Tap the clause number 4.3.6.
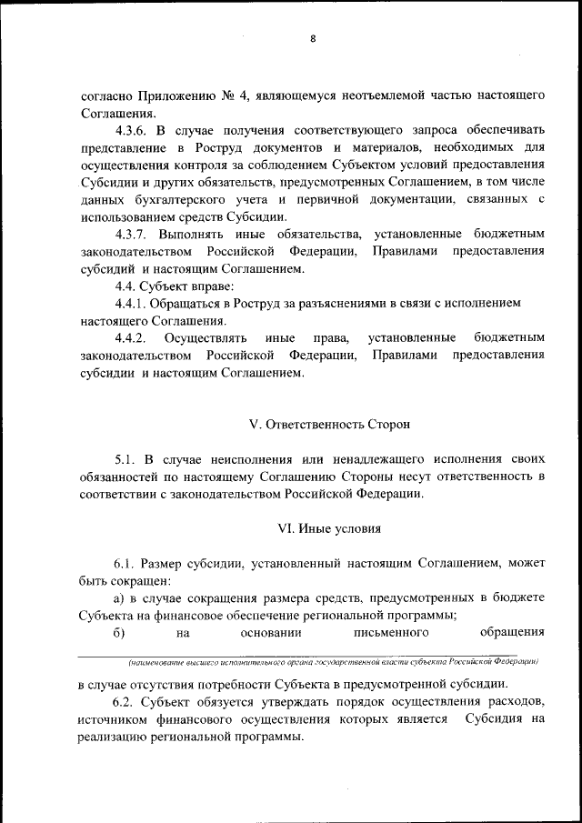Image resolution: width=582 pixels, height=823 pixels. coord(135,131)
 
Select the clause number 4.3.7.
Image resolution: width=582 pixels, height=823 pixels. coord(135,234)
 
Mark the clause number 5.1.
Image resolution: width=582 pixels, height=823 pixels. coord(126,458)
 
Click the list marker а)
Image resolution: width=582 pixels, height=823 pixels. coord(119,598)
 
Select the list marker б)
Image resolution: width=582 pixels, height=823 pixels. coord(118,633)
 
